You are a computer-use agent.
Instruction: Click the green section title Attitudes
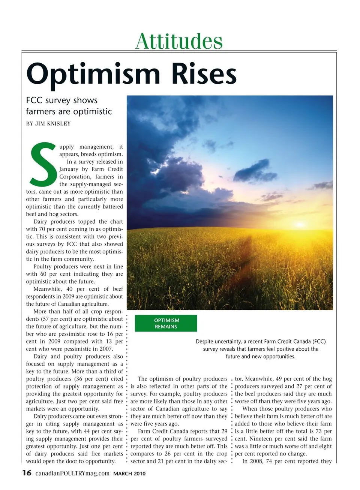[179, 41]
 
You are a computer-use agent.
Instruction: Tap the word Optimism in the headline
[93, 75]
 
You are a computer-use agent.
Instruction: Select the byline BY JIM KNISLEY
[48, 124]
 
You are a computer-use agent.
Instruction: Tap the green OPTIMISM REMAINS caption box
[166, 323]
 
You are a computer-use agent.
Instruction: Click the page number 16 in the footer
[27, 473]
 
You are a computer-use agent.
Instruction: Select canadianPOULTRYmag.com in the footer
[72, 473]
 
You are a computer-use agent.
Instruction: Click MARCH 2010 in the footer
[129, 474]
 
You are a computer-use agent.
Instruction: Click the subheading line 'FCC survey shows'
[62, 100]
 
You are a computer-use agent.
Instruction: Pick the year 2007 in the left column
[106, 349]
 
